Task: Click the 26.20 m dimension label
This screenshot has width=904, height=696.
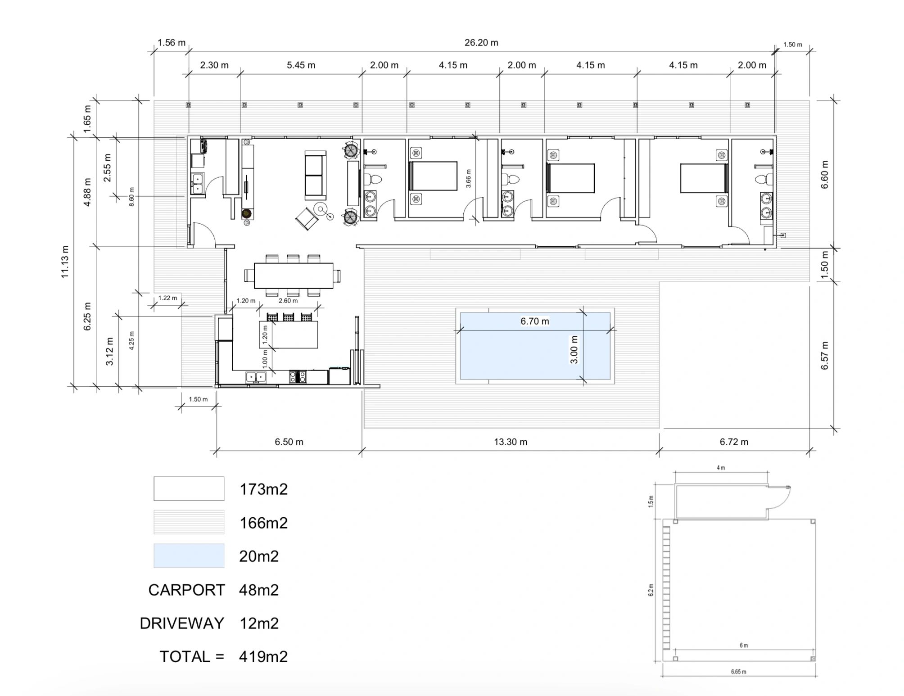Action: click(481, 43)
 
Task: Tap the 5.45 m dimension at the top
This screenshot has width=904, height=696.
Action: click(301, 65)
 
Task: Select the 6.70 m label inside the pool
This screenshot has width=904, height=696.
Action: click(535, 321)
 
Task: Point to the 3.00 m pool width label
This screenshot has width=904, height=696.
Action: click(574, 349)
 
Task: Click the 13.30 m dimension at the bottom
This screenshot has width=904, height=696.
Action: click(511, 442)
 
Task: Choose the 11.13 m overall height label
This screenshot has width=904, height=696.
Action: click(65, 262)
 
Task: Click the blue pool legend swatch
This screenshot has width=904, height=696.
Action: click(189, 556)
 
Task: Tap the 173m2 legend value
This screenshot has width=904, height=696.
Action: click(263, 489)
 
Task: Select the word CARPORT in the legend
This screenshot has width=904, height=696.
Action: click(186, 590)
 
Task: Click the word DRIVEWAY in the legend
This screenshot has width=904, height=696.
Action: click(182, 623)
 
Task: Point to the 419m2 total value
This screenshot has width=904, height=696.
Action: click(263, 656)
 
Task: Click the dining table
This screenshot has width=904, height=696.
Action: click(294, 276)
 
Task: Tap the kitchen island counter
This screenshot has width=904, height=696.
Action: click(289, 334)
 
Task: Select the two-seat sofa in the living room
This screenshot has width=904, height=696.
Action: click(315, 175)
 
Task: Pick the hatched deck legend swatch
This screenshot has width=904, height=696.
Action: click(189, 522)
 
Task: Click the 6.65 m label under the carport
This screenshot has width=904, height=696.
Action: click(738, 672)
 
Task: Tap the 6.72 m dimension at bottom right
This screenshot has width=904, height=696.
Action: click(734, 442)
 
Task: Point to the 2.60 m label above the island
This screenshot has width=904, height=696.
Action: click(288, 301)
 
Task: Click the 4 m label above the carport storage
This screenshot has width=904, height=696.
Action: click(721, 468)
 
